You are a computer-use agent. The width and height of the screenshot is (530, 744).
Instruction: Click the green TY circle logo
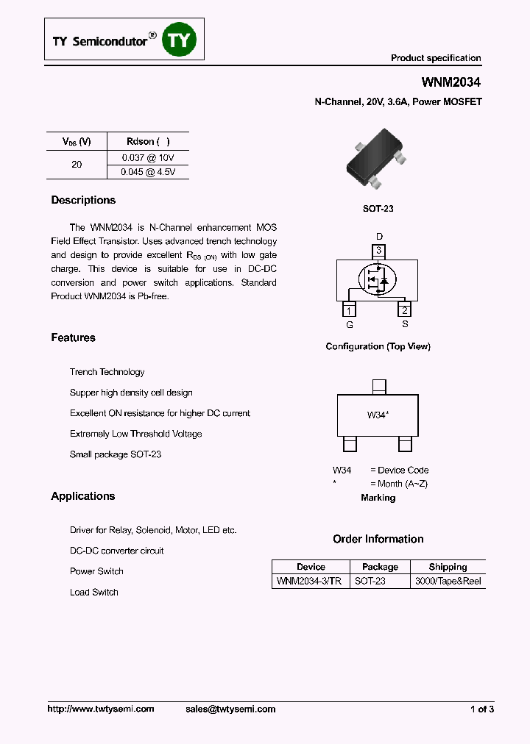[x=180, y=41]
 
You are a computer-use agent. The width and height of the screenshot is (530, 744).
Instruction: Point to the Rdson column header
[x=148, y=141]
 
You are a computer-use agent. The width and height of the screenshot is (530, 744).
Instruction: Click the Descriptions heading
[x=83, y=200]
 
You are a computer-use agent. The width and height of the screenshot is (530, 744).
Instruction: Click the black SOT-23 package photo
[x=375, y=159]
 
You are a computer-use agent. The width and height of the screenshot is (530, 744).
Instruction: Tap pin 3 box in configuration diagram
[x=378, y=251]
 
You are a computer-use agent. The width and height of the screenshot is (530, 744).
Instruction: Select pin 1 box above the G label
[x=349, y=310]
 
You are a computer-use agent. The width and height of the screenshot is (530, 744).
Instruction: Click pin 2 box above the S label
[x=404, y=310]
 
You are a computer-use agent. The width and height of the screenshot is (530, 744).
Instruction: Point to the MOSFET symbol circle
[x=376, y=279]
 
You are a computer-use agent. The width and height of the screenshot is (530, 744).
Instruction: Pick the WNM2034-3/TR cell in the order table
[x=308, y=581]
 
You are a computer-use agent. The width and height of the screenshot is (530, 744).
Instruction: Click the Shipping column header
[x=448, y=567]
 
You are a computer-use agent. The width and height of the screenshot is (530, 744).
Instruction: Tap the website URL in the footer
[x=101, y=709]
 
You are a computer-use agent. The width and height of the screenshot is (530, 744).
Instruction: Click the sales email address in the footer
[x=230, y=709]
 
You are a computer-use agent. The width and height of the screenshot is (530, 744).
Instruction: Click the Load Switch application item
[x=94, y=592]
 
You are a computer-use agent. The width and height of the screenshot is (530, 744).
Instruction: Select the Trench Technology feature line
[x=107, y=372]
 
